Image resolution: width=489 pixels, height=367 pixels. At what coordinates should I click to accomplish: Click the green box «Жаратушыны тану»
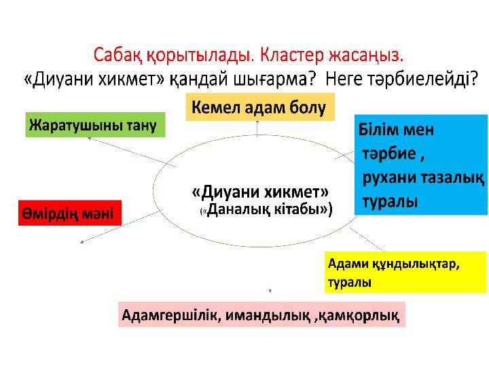click(95, 124)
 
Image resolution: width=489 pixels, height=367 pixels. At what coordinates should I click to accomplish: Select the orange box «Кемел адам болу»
click(260, 107)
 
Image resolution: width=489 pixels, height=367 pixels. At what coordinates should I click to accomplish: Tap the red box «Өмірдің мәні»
click(70, 213)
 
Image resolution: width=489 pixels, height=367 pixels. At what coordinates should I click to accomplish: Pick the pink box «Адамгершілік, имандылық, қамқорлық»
click(261, 315)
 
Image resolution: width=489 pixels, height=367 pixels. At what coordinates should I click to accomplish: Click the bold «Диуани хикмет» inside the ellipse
click(260, 192)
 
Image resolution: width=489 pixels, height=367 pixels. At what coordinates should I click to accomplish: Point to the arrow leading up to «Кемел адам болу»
click(257, 128)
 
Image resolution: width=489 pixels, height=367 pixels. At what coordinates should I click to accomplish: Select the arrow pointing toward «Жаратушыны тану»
click(132, 152)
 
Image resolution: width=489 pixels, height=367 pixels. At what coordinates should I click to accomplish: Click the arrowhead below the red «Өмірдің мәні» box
click(82, 241)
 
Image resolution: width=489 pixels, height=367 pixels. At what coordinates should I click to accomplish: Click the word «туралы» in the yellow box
click(349, 282)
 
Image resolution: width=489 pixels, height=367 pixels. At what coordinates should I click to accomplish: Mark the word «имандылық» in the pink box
click(268, 315)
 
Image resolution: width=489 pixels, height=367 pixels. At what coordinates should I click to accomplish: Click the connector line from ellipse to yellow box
click(367, 239)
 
